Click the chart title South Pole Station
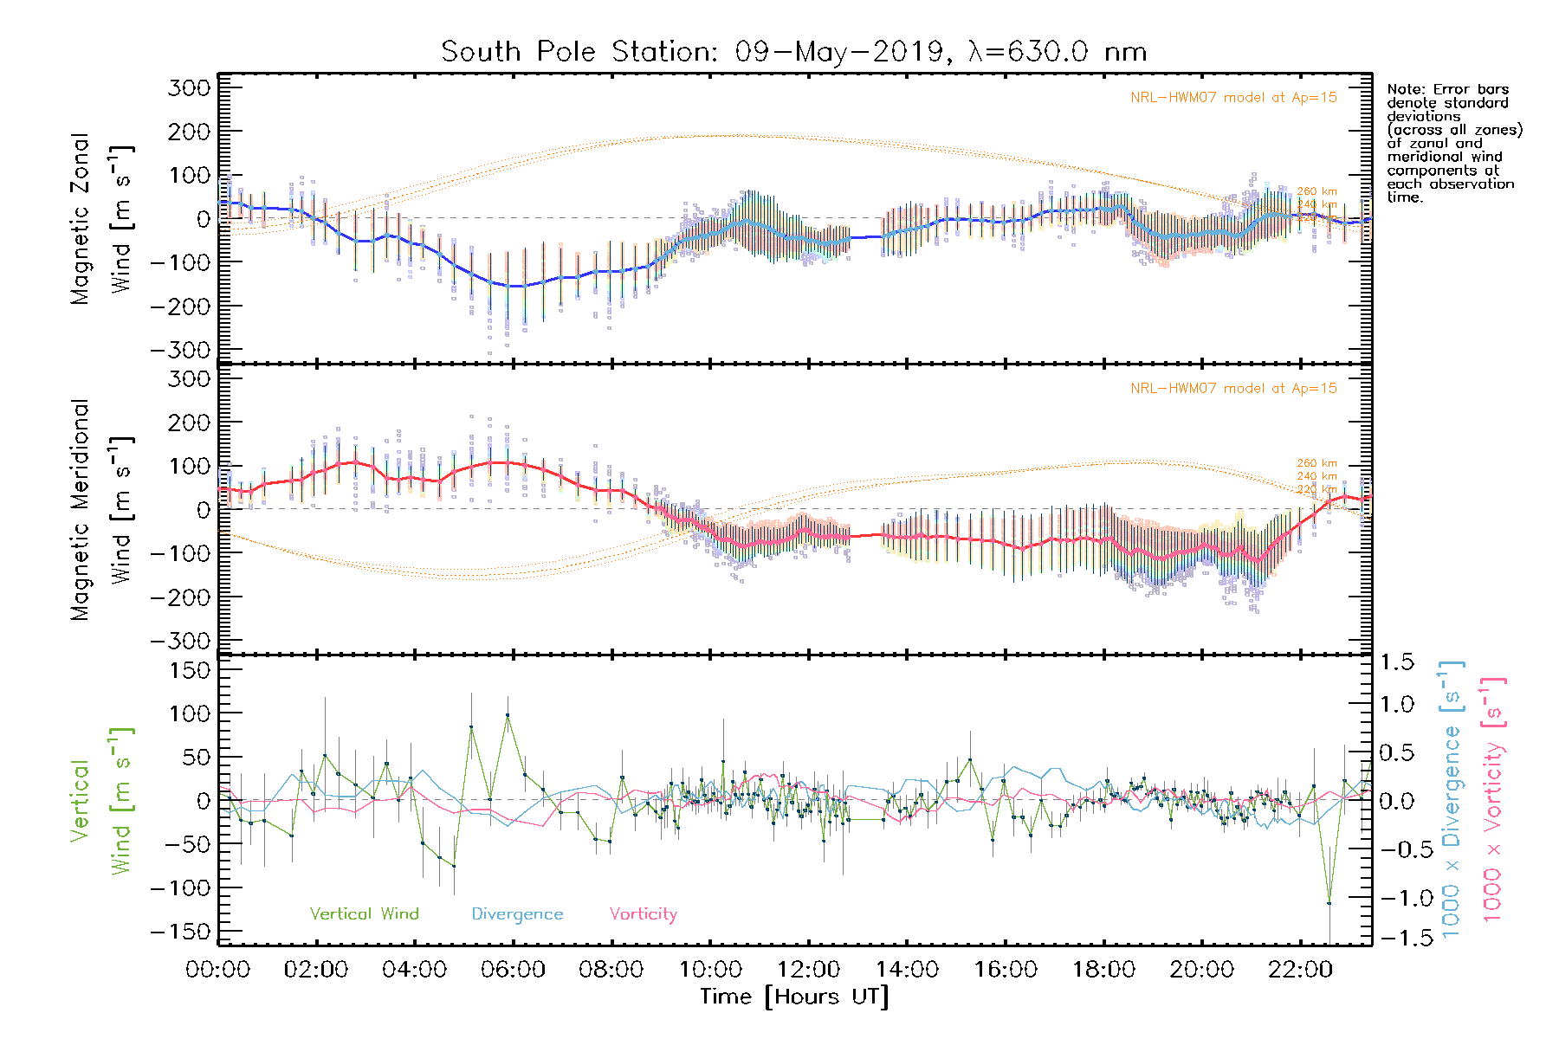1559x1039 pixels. [x=793, y=52]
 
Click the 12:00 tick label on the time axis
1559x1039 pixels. [x=808, y=970]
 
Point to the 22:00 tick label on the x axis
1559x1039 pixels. [x=1299, y=970]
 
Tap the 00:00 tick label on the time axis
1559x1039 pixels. [x=218, y=970]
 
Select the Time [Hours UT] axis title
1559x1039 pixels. [x=794, y=997]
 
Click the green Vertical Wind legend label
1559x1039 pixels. [x=364, y=914]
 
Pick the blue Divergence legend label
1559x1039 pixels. [x=517, y=914]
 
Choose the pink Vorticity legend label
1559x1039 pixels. [x=643, y=914]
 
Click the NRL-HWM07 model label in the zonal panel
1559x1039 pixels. [x=1233, y=98]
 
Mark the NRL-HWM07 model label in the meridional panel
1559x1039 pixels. [x=1233, y=389]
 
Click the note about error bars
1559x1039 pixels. [x=1454, y=143]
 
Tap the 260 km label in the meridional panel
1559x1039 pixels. [x=1316, y=463]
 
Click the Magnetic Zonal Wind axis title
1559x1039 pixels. [x=100, y=218]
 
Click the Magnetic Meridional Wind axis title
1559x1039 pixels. [x=100, y=509]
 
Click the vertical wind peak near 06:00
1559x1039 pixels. [x=508, y=715]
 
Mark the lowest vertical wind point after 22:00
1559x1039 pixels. [x=1329, y=903]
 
